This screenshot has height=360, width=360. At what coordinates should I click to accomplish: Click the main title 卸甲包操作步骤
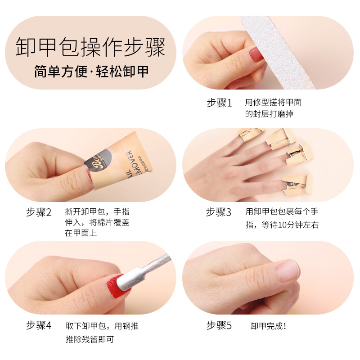(x=90, y=47)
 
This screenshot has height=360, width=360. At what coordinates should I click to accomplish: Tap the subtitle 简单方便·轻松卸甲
(x=91, y=72)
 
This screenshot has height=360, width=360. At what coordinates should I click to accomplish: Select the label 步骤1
(x=219, y=103)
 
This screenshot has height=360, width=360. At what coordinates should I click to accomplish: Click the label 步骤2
(x=39, y=212)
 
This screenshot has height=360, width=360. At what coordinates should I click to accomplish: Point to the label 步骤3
(x=218, y=212)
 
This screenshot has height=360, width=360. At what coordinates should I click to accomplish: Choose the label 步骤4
(x=39, y=325)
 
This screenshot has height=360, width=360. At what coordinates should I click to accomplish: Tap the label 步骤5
(x=219, y=325)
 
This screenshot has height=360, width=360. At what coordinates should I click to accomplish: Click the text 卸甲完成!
(x=268, y=326)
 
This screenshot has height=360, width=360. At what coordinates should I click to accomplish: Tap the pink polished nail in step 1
(x=256, y=54)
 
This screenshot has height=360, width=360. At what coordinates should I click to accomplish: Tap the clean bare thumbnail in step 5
(x=288, y=271)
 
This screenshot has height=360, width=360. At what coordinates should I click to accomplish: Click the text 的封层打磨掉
(x=269, y=114)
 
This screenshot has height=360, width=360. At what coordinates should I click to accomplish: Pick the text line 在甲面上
(x=81, y=233)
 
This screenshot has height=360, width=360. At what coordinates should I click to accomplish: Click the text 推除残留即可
(x=90, y=339)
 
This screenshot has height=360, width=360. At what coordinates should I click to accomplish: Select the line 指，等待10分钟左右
(x=282, y=225)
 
